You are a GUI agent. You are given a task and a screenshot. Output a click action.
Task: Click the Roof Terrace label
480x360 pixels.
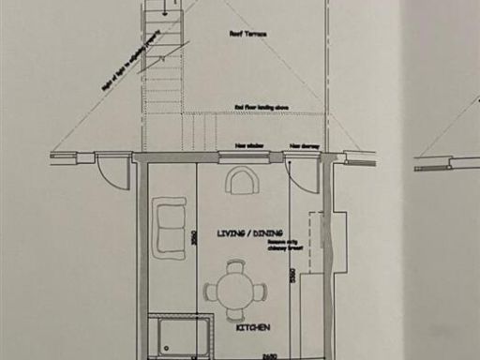point(247,33)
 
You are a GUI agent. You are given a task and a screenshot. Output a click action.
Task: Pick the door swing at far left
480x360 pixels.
point(112,172)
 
